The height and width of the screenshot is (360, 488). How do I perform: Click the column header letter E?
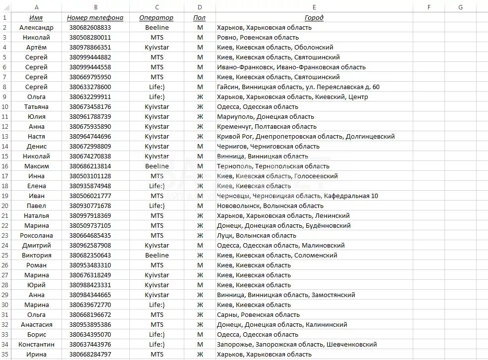coord(314,7)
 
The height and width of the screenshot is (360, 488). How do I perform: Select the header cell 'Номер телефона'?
coord(95,17)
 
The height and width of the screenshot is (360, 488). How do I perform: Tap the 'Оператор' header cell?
coord(157,17)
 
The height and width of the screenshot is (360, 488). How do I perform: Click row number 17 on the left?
coord(4,176)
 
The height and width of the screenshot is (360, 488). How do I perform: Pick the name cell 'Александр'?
coord(36,27)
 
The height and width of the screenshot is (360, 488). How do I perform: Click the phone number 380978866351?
coord(90,47)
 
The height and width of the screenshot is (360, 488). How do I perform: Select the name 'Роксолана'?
coord(36,235)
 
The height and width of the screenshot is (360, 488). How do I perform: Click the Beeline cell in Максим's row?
coord(157,166)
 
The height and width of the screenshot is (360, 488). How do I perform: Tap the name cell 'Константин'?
coord(36,344)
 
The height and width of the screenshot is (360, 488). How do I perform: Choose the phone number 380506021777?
coord(90,196)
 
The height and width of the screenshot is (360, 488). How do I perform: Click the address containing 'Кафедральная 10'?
coord(297,196)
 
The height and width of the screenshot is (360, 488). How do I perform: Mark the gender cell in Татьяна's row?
coord(200,106)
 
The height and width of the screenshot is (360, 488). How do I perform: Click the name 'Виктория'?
coord(36,255)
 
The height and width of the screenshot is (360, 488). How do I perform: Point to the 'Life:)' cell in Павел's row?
coord(157,206)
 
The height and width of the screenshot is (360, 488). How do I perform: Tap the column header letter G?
coord(460,7)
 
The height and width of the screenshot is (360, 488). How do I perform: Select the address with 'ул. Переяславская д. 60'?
coord(298,87)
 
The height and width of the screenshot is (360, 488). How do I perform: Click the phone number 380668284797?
coord(90,354)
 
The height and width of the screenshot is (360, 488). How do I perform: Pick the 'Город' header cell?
coord(314,17)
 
